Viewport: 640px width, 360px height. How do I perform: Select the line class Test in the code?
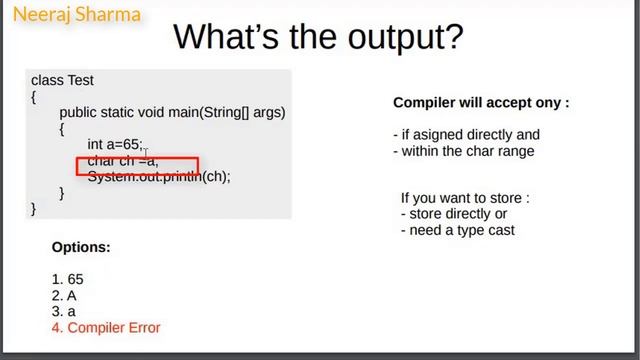pos(62,80)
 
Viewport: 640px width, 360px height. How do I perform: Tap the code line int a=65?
pos(115,145)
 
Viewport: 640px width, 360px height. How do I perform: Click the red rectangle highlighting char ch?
pos(137,165)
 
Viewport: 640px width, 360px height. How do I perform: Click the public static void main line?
pos(172,113)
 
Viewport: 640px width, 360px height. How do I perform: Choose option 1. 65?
pos(67,280)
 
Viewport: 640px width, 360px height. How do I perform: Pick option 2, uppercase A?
pos(63,296)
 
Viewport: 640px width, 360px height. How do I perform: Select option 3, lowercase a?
pos(63,312)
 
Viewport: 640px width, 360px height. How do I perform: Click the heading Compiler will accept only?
pos(481,103)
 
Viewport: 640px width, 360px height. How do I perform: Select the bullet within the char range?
pos(466,151)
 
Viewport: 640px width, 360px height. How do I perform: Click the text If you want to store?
pos(464,198)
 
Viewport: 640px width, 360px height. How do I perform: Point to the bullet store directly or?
pos(456,214)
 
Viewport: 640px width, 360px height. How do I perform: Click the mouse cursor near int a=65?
pos(146,154)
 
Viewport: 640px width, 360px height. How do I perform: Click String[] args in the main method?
pos(245,113)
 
